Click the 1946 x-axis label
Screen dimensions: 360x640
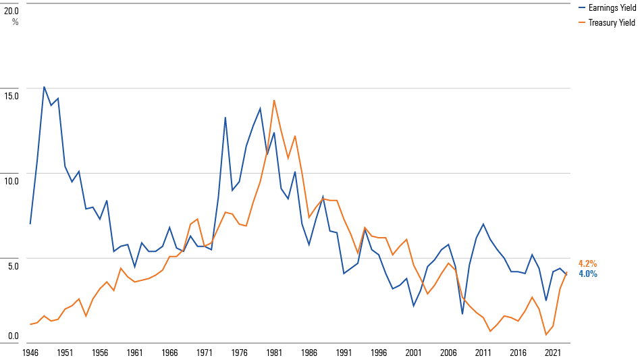30,353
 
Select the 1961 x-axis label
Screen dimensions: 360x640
134,353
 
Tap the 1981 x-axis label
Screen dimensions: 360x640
273,353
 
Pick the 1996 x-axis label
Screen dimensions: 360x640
378,353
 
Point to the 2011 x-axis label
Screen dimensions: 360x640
483,353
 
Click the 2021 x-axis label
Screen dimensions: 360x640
553,353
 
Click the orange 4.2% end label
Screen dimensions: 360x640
587,263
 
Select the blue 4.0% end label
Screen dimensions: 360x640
587,274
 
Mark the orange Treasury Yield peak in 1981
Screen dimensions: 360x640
273,101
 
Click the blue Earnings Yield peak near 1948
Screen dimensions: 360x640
44,86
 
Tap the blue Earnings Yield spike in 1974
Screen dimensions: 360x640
225,118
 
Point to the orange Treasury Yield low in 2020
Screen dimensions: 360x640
546,334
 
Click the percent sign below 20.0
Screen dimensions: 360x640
15,22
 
